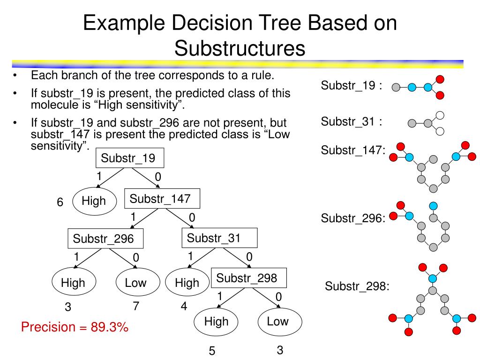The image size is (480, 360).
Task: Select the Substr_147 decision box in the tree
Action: coord(162,198)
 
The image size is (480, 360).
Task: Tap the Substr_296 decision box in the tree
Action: coord(105,239)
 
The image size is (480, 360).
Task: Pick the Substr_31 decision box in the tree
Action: coord(219,238)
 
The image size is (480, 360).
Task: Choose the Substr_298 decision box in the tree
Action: coord(248,278)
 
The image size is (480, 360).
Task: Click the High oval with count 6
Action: coord(94,201)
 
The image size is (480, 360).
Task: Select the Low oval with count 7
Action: coord(135,283)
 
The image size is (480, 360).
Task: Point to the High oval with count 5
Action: coord(216,322)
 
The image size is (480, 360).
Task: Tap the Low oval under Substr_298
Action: coord(277,322)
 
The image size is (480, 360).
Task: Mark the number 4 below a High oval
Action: coord(184,307)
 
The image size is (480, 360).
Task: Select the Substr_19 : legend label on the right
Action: coord(351,86)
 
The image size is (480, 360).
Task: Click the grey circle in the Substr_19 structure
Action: coord(396,87)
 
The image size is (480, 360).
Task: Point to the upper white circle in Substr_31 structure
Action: coord(440,115)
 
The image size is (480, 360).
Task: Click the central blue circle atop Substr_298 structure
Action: coord(432,278)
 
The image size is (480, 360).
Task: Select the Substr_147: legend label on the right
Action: coord(353,150)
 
